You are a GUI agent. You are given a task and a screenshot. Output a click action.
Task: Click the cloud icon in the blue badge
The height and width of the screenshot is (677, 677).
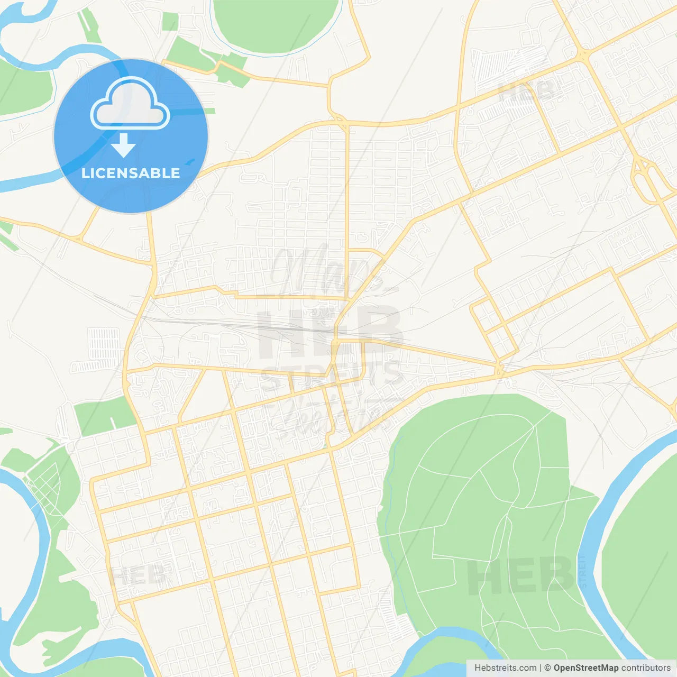pos(130,104)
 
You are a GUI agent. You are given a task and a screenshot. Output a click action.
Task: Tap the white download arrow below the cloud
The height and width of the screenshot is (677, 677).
pos(124,145)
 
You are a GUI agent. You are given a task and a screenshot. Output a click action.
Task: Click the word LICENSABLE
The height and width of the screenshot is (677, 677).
pos(131,173)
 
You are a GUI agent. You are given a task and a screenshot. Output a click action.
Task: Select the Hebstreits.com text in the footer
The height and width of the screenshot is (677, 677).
pos(505,668)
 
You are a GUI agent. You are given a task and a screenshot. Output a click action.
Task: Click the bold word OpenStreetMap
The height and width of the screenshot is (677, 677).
pos(585,668)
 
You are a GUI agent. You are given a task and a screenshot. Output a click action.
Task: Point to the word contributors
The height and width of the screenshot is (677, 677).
pos(646,668)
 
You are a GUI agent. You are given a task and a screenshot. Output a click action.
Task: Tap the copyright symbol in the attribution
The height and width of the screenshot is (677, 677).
pos(547,668)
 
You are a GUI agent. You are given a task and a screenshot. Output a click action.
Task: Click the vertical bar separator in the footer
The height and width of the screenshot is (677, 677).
pos(541,668)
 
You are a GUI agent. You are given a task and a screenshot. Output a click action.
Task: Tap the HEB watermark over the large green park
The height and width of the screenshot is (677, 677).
pos(520,577)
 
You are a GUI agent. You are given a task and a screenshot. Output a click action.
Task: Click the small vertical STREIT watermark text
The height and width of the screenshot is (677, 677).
pos(583,571)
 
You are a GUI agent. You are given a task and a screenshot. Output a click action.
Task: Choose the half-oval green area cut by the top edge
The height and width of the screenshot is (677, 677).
pos(275,24)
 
